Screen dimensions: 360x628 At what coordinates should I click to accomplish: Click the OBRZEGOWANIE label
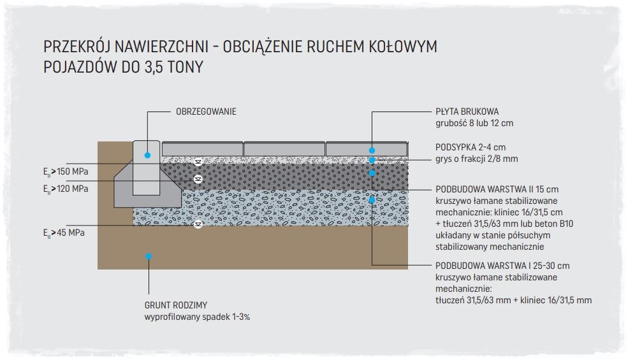206,112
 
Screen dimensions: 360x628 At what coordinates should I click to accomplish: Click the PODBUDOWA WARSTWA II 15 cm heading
497,189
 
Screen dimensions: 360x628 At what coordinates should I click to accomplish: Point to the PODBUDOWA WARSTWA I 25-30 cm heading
502,266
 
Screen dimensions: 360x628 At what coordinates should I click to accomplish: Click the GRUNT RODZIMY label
175,305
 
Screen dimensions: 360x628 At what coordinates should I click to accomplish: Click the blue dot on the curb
147,155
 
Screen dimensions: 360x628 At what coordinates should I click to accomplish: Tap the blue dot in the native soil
148,256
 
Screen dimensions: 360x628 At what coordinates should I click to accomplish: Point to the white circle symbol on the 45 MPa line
198,224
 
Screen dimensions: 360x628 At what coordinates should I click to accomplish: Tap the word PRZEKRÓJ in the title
78,47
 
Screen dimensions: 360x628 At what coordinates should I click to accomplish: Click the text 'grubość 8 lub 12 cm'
474,122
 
